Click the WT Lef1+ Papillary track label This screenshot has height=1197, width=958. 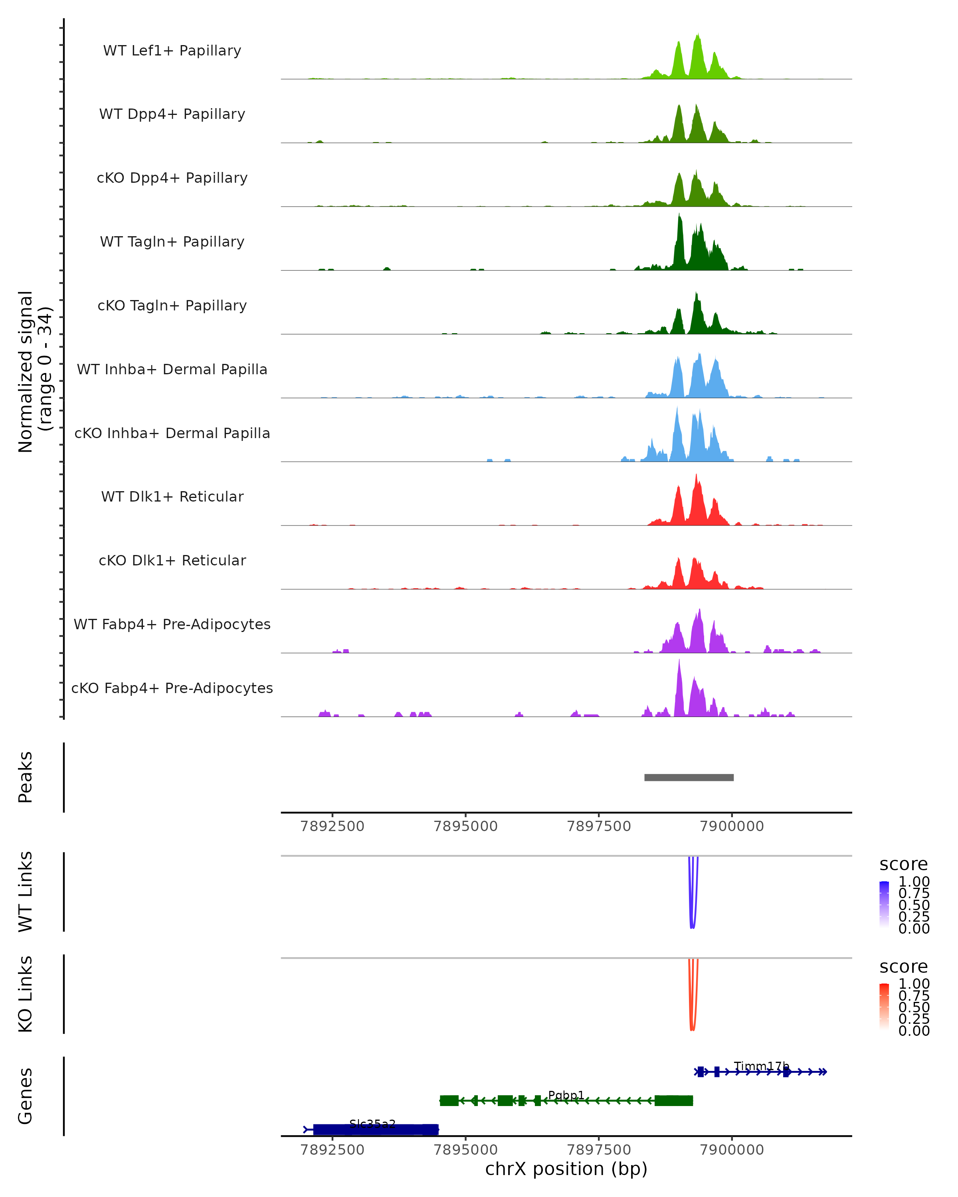(x=172, y=51)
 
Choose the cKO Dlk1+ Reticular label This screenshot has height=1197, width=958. (x=172, y=560)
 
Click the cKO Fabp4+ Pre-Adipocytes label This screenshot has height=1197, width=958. (x=172, y=688)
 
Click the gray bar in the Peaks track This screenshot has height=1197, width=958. (x=689, y=777)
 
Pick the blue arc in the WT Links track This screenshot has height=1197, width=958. (x=692, y=926)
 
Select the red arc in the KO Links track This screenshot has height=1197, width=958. (x=692, y=1028)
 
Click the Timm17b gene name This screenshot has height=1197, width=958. (x=761, y=1066)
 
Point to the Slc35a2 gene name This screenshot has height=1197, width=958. (x=372, y=1124)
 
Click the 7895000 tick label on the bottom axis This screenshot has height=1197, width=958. (x=465, y=1149)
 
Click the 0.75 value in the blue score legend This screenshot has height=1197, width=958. (x=914, y=893)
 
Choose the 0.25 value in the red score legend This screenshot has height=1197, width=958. (x=914, y=1018)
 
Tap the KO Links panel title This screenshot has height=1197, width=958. (x=25, y=994)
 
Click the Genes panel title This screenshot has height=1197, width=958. (x=25, y=1096)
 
